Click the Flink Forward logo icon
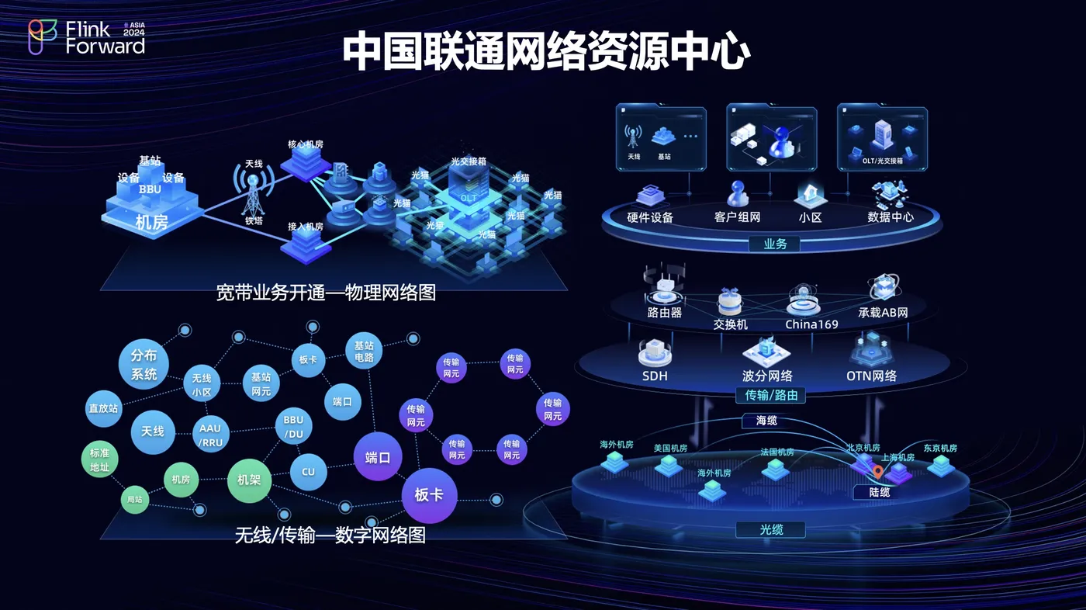43,36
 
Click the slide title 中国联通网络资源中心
545,51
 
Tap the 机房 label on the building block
151,223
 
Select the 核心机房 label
305,144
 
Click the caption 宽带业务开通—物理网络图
326,293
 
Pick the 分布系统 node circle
144,365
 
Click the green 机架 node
249,480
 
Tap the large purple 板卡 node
429,494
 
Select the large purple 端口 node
378,457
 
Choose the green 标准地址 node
100,460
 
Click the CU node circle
308,472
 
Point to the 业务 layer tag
775,244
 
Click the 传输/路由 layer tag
770,396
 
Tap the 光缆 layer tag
770,530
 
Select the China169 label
811,324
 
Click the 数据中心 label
891,217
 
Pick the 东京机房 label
939,449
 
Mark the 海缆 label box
766,421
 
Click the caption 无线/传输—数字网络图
330,535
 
